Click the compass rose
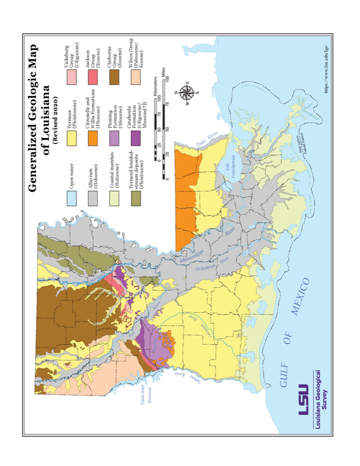[188, 93]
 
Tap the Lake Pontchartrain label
[231, 168]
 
